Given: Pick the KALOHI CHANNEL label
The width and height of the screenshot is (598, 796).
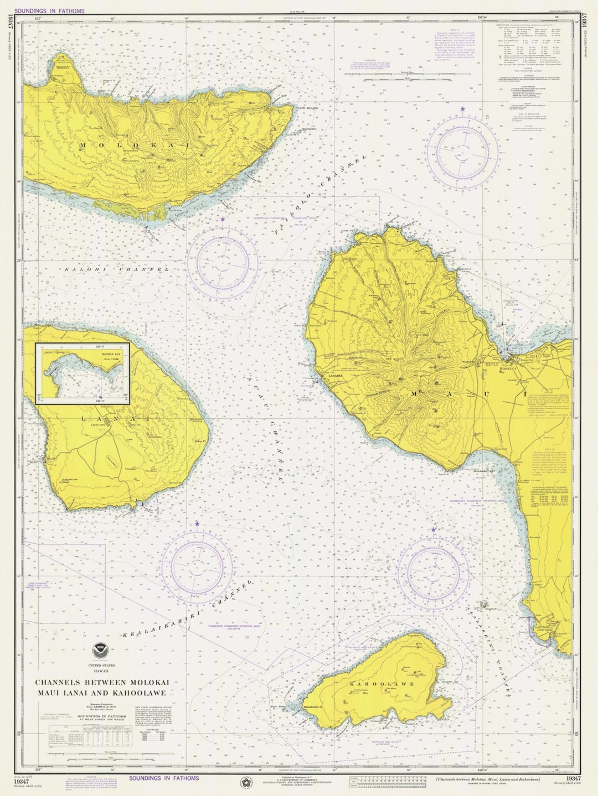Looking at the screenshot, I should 116,269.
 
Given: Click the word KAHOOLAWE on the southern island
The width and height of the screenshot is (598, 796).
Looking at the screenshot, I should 382,684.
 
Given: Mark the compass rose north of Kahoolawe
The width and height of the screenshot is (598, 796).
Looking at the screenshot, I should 434,570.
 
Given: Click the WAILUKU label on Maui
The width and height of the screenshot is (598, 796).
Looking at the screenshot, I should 481,363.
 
